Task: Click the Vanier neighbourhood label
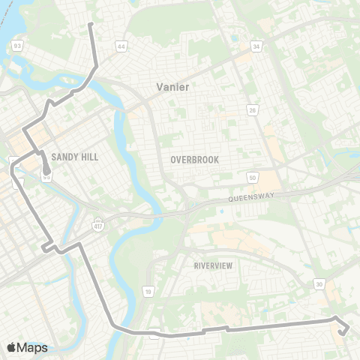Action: pos(172,87)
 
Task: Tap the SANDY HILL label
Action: pos(75,157)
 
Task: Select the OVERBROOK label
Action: pos(193,160)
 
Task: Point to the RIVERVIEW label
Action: pos(214,266)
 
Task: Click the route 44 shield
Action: pos(121,46)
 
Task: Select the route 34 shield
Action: pos(256,46)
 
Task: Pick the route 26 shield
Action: pos(253,111)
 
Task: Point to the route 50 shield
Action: pos(252,176)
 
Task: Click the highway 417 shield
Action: pos(98,223)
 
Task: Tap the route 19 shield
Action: pos(148,290)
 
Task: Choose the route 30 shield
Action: pos(319,283)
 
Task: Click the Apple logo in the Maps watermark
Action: pos(11,347)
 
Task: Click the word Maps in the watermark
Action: pos(32,347)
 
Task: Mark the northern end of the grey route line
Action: pos(91,25)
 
